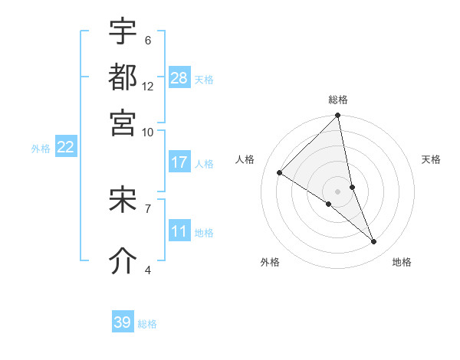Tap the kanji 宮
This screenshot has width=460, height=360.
123,122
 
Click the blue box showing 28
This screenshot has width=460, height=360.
179,77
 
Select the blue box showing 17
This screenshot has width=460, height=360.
179,162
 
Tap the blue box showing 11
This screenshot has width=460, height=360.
179,231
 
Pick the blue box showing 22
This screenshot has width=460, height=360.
65,147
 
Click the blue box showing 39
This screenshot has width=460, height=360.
123,322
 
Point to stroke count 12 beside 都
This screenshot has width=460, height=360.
148,86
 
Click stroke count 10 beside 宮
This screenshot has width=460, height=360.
148,131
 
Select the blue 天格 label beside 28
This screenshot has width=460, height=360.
204,79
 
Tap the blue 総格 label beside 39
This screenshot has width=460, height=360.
147,324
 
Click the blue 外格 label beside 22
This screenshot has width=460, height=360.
41,149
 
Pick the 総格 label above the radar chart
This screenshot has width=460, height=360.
338,100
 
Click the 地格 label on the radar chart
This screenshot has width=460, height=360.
402,263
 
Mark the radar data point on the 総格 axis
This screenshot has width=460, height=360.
338,116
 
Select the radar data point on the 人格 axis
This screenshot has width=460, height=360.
280,173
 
